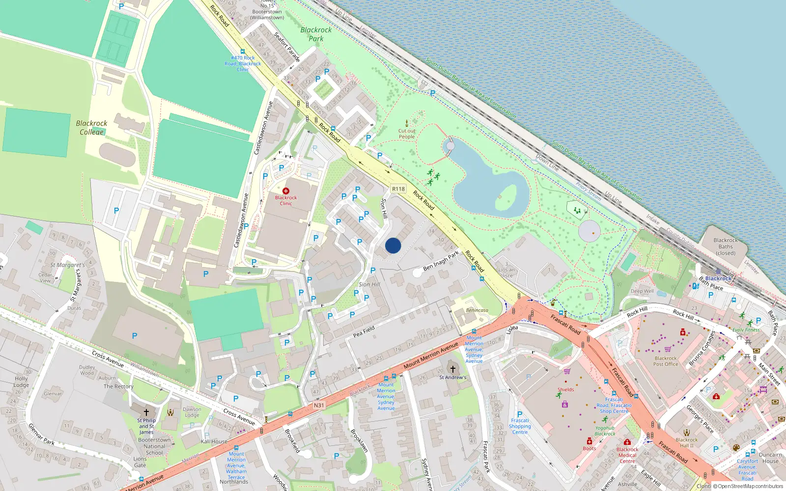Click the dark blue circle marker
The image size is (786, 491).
pos(393,245)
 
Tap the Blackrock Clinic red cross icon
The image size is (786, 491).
pos(286,191)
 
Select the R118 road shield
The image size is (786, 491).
pos(398,189)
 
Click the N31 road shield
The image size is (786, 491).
pos(319,405)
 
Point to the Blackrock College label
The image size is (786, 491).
pos(91,128)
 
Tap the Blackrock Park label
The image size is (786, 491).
pos(316,34)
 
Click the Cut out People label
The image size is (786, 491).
pos(407,134)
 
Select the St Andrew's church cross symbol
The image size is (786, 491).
pos(452,369)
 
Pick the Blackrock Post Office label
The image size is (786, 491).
pos(666,361)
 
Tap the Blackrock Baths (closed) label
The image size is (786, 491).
pos(726,246)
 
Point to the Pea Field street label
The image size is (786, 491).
pos(364,331)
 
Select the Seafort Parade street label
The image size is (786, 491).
pos(287,47)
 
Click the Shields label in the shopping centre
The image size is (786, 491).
pos(565,389)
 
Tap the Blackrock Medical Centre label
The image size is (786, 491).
pos(627,455)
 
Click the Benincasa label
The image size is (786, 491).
pos(477,310)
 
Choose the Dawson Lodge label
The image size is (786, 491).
pos(192,412)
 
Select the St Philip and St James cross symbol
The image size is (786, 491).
pos(146,412)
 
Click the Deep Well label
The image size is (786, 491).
pos(642,291)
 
